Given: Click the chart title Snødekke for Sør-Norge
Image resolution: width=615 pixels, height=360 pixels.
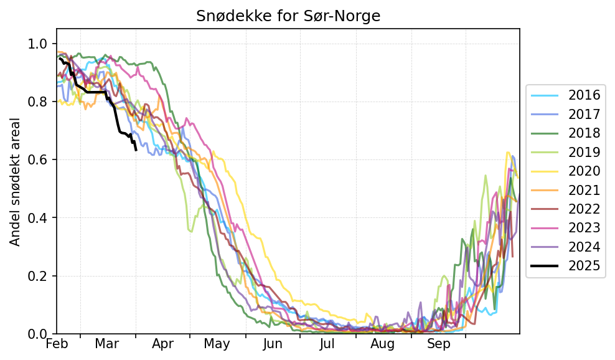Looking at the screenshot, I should pyautogui.click(x=288, y=16).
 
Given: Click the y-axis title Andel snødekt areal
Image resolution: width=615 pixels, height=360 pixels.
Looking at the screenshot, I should pyautogui.click(x=16, y=181).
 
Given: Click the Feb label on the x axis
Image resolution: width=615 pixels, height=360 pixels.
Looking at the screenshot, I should pyautogui.click(x=57, y=344).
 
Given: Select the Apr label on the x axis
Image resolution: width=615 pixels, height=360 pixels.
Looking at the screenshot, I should pyautogui.click(x=162, y=344).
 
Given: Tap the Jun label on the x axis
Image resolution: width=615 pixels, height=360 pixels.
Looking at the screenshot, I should pyautogui.click(x=273, y=344).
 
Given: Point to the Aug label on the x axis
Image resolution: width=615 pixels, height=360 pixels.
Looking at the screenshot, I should pyautogui.click(x=383, y=344).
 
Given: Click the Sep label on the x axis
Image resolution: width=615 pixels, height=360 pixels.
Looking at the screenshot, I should pyautogui.click(x=438, y=344).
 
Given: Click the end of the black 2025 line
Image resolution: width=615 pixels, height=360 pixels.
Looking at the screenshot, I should pyautogui.click(x=136, y=150).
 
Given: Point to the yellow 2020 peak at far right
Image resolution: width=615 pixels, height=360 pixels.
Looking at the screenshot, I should pyautogui.click(x=508, y=152).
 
